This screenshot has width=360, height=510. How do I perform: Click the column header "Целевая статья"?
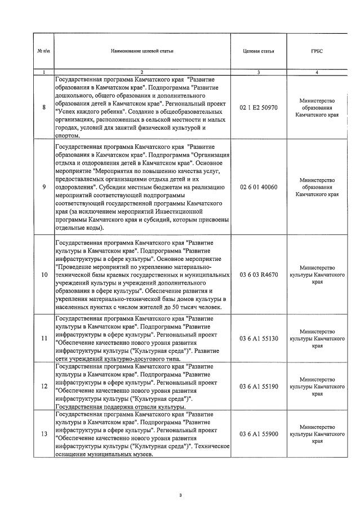pyautogui.click(x=258, y=51)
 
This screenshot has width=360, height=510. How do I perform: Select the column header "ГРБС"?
pyautogui.click(x=318, y=51)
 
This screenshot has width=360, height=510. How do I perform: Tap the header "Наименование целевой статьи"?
pyautogui.click(x=142, y=51)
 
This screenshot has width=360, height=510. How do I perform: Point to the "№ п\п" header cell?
pyautogui.click(x=43, y=51)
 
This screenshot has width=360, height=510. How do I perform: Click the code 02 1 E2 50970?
pyautogui.click(x=259, y=108)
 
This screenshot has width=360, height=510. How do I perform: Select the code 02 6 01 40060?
pyautogui.click(x=259, y=187)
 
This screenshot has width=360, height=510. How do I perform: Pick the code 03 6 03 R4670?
pyautogui.click(x=259, y=274)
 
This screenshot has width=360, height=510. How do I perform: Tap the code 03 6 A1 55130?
pyautogui.click(x=259, y=338)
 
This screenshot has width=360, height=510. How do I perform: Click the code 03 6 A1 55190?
pyautogui.click(x=259, y=386)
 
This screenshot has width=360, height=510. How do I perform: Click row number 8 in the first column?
pyautogui.click(x=44, y=108)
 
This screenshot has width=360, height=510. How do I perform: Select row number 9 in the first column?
pyautogui.click(x=44, y=187)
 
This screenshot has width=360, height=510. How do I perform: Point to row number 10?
pyautogui.click(x=44, y=274)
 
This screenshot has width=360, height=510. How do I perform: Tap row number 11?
pyautogui.click(x=44, y=338)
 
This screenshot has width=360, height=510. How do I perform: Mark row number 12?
pyautogui.click(x=44, y=386)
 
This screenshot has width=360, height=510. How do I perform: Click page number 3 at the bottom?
pyautogui.click(x=180, y=495)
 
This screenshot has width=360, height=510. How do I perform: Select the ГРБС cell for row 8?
pyautogui.click(x=318, y=107)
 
